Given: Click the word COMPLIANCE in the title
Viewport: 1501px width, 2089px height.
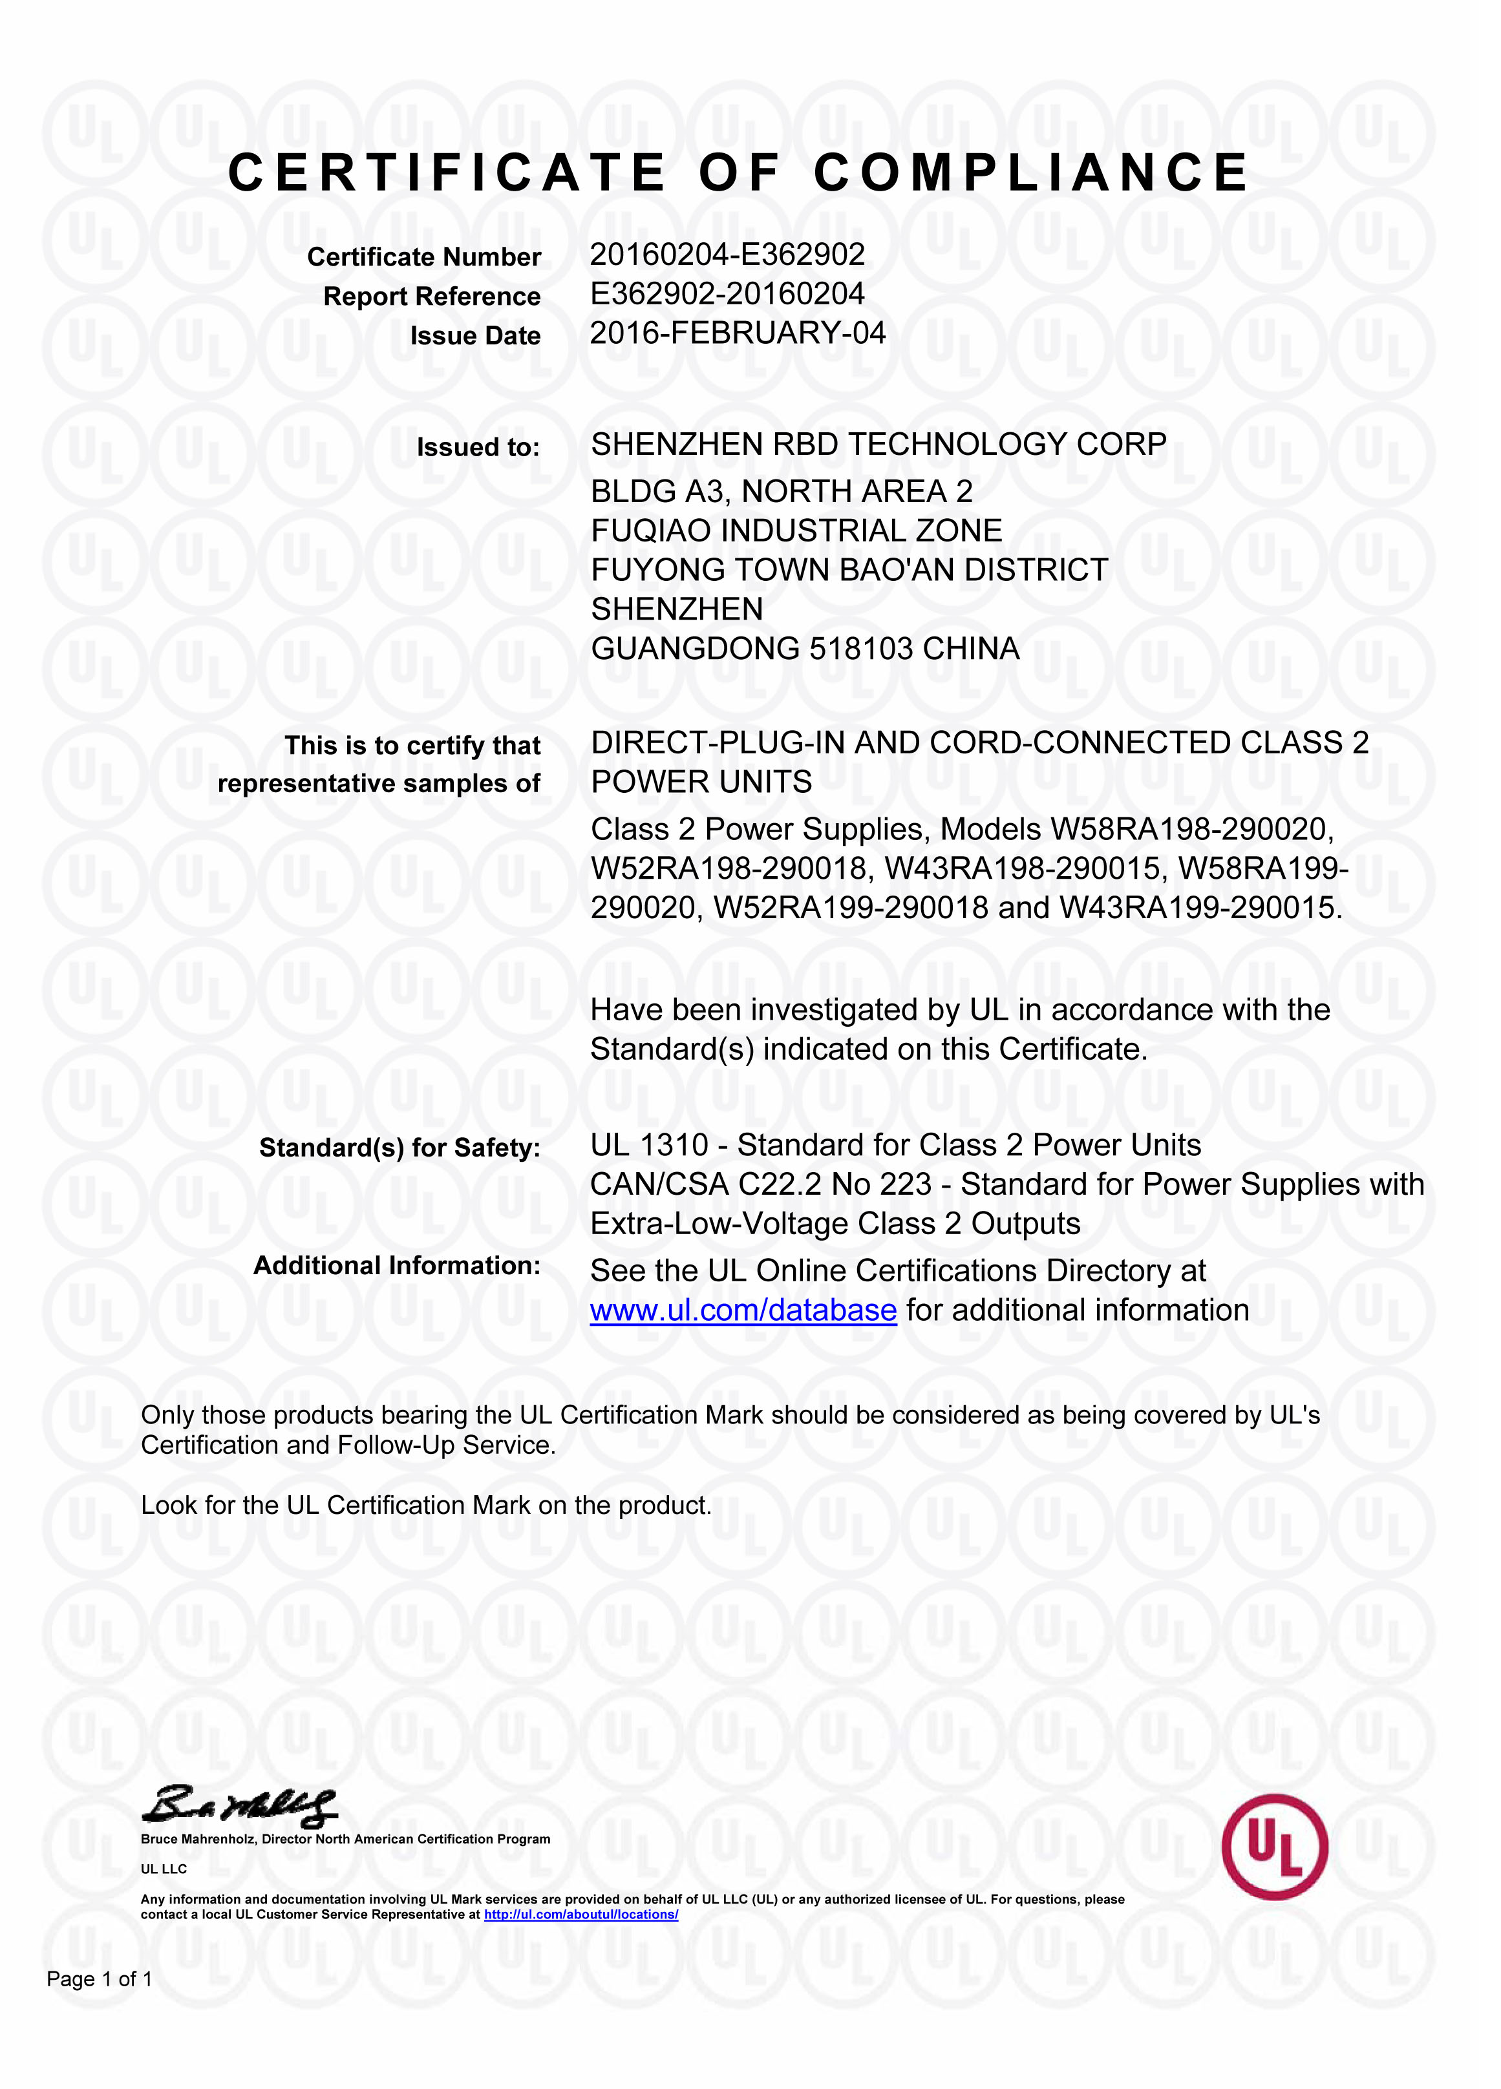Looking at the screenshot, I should click(1030, 173).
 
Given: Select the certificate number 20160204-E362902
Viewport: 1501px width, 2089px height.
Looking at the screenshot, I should click(727, 254).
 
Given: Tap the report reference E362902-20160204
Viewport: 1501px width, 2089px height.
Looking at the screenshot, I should click(727, 294).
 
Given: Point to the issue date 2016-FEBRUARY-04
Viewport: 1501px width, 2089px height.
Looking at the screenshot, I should click(737, 333).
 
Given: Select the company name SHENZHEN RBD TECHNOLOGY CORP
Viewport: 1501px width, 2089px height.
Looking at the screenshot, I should click(878, 445).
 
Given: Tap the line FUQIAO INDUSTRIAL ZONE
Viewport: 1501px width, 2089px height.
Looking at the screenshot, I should click(796, 530).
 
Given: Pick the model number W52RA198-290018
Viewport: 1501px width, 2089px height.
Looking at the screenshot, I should click(729, 868).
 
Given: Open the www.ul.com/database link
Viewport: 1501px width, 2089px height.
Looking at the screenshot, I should click(743, 1310).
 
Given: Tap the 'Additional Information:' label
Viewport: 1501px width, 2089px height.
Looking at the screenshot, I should click(396, 1266).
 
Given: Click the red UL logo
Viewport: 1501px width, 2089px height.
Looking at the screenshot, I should click(1274, 1846).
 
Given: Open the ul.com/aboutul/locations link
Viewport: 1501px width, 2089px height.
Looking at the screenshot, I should click(580, 1914).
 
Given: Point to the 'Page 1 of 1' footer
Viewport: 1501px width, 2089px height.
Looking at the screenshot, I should click(100, 1979).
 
